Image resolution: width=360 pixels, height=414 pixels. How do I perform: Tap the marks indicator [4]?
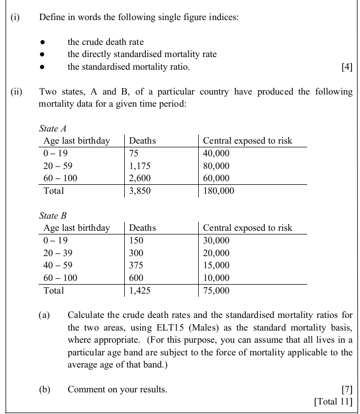pos(347,67)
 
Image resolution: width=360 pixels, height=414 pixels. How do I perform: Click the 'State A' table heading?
pos(53,128)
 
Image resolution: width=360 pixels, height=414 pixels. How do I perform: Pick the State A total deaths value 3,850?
pos(140,191)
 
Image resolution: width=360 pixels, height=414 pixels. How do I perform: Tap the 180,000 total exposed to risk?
pos(218,191)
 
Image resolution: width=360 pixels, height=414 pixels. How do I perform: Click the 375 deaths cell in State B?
pos(136,265)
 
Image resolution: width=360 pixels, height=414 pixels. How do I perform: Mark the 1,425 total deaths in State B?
pos(140,290)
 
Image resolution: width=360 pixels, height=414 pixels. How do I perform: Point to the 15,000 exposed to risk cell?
pos(216,265)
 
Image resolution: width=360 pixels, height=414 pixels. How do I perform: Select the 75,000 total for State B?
pos(216,290)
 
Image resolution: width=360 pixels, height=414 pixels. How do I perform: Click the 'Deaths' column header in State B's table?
pos(143,228)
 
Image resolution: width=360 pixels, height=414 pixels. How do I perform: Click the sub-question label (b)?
pos(44,390)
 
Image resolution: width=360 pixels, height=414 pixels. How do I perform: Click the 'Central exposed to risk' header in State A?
pos(247,140)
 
